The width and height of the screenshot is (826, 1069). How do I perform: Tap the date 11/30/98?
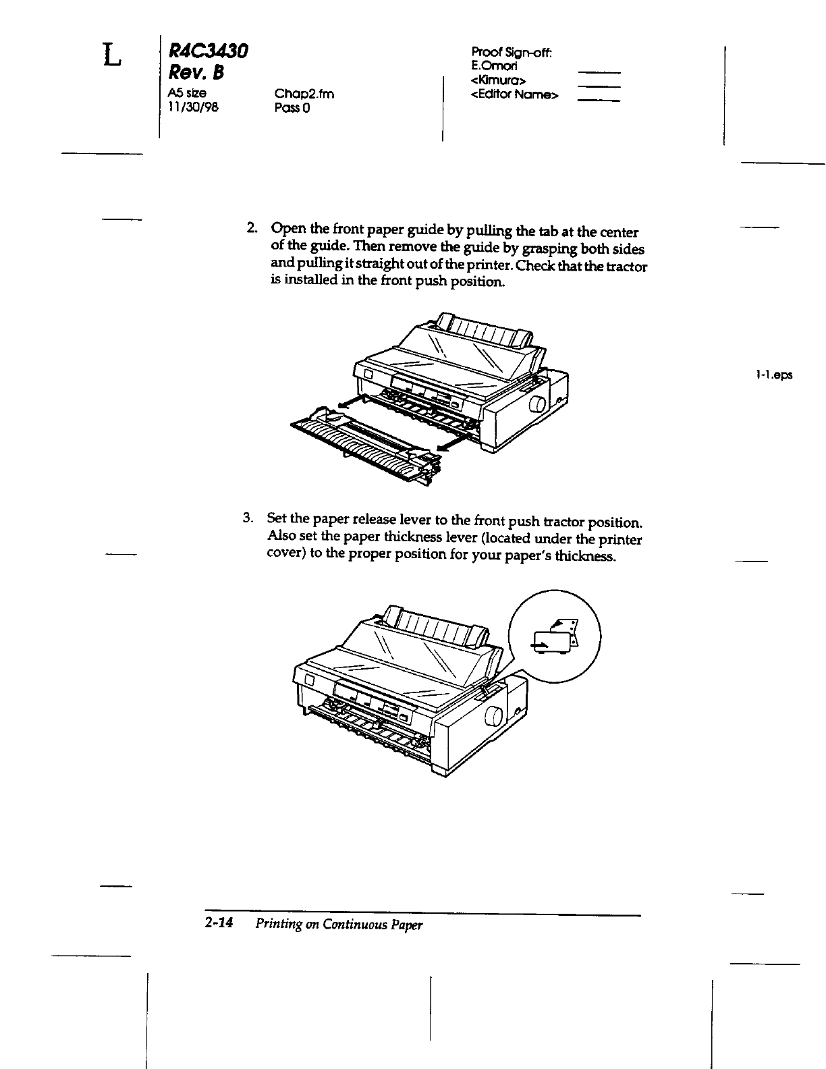pyautogui.click(x=192, y=107)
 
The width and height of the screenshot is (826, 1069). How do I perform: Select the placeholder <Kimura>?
pyautogui.click(x=499, y=81)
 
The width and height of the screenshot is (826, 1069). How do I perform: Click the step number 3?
pyautogui.click(x=248, y=518)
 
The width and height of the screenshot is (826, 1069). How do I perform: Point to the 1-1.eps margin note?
pyautogui.click(x=774, y=374)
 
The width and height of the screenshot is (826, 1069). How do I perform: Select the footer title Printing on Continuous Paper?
pyautogui.click(x=339, y=925)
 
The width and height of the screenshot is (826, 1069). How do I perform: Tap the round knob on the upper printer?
pyautogui.click(x=538, y=406)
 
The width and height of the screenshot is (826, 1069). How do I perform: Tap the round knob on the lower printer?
pyautogui.click(x=493, y=716)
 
